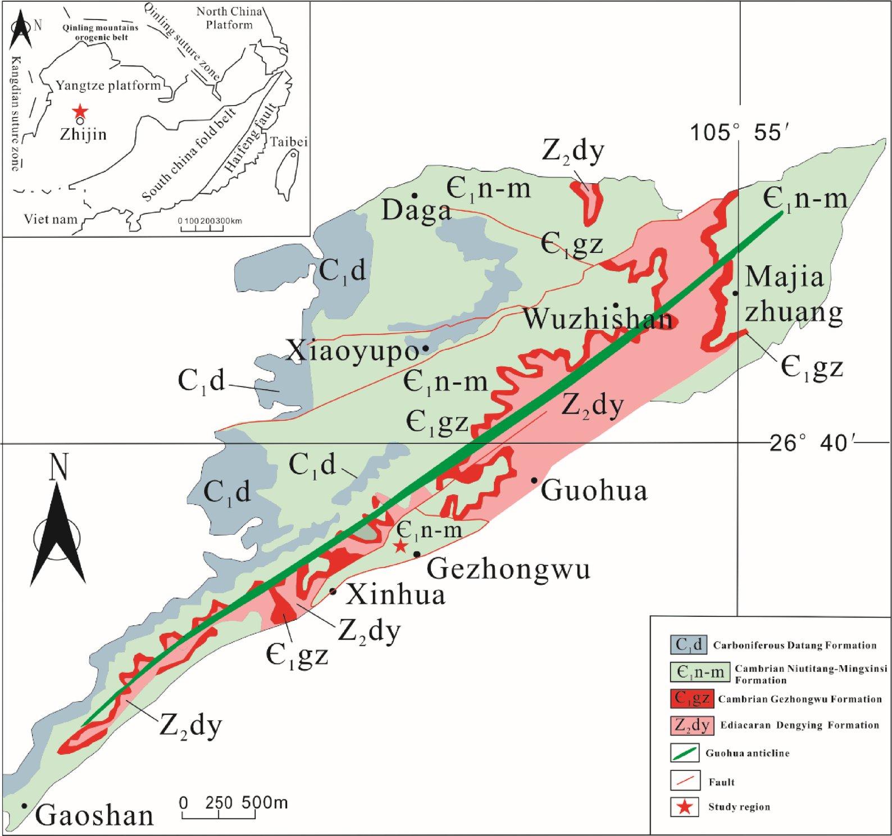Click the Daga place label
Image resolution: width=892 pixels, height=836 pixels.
click(x=416, y=211)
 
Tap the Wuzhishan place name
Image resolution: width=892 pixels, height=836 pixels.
click(x=598, y=320)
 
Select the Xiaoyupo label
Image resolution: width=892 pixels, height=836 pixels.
click(x=353, y=352)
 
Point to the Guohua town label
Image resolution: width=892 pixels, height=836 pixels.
click(x=594, y=490)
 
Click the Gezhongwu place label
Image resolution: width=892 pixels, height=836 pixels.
click(x=508, y=569)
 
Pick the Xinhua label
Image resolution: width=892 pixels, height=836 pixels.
click(x=395, y=594)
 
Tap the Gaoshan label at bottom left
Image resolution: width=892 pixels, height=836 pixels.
click(x=94, y=816)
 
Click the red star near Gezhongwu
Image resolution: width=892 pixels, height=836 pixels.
click(x=400, y=546)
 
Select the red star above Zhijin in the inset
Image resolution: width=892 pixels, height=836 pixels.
click(x=80, y=111)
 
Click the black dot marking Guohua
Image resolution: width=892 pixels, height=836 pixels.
click(x=534, y=480)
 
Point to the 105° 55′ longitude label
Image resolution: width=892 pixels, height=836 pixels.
click(x=735, y=133)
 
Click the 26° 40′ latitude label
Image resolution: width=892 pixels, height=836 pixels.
click(x=811, y=443)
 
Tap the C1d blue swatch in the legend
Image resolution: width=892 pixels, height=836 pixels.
click(x=688, y=644)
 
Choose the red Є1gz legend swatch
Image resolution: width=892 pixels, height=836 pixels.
click(x=691, y=698)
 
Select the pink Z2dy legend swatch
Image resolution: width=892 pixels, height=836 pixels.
click(x=691, y=725)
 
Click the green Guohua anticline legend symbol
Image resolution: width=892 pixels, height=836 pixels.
click(x=684, y=753)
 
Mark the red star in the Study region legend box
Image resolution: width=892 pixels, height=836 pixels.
click(x=684, y=807)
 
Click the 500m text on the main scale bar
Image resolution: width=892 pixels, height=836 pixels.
click(x=265, y=803)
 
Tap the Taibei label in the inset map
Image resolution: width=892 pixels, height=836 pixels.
click(x=289, y=142)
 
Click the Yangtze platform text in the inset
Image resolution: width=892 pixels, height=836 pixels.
click(x=108, y=85)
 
